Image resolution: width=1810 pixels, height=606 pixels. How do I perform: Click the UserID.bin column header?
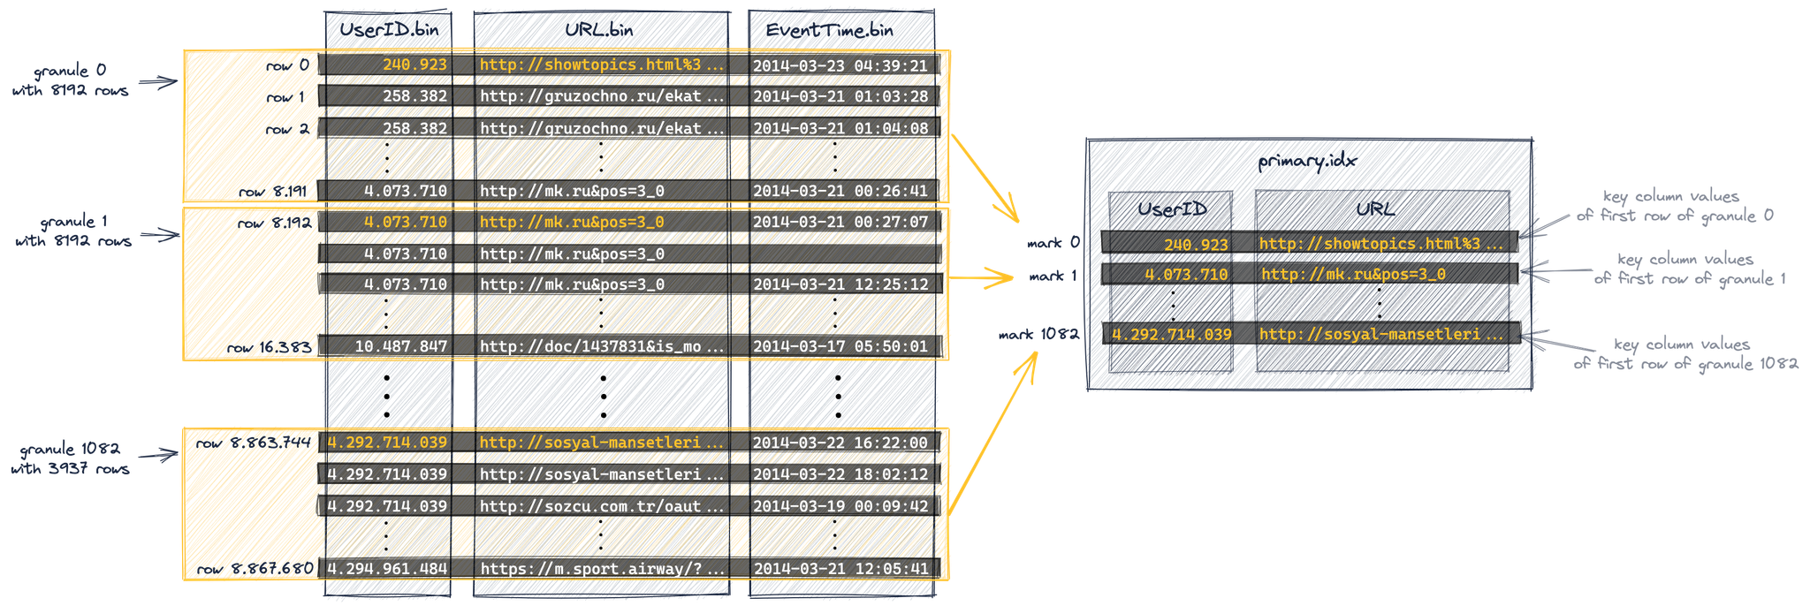[389, 30]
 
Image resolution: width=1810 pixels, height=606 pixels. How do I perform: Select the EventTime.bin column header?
[829, 30]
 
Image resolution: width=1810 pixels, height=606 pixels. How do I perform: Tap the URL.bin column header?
[600, 30]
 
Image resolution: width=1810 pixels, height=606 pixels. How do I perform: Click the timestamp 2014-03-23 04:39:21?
[840, 65]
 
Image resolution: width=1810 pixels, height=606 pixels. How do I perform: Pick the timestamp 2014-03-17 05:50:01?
[840, 346]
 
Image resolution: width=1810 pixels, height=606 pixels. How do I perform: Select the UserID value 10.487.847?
[400, 346]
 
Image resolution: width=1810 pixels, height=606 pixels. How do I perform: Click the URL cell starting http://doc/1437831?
[601, 346]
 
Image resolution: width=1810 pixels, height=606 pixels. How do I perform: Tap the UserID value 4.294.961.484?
[387, 568]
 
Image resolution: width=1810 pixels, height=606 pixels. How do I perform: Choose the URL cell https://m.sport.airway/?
[601, 568]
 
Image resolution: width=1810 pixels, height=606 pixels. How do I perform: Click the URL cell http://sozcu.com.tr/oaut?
[601, 505]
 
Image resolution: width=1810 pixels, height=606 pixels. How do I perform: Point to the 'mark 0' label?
[1053, 242]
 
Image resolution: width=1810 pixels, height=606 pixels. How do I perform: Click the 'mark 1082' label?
[1038, 335]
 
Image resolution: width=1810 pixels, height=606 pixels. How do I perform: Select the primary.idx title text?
[1307, 161]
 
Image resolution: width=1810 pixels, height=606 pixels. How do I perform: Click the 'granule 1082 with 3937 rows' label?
[71, 458]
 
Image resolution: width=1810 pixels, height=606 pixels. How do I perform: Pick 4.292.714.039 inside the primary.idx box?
[1171, 334]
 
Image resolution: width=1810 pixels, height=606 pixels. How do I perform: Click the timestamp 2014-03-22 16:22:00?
[840, 443]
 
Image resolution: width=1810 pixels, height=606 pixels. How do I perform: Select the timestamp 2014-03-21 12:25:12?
[840, 284]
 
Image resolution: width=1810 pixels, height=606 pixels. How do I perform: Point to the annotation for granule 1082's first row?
[1685, 353]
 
